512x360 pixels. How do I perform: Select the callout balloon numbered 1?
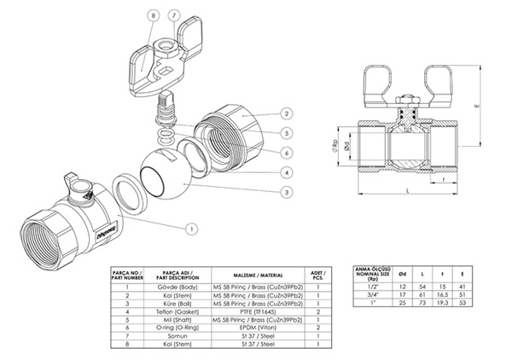click(192, 228)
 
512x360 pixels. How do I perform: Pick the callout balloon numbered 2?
click(288, 113)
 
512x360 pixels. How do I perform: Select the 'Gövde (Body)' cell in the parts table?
click(179, 287)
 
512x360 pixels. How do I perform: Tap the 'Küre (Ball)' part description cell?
click(179, 303)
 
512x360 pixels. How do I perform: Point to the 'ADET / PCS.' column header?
click(317, 274)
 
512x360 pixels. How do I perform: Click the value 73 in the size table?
click(422, 302)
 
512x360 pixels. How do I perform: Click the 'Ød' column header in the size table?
click(400, 273)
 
